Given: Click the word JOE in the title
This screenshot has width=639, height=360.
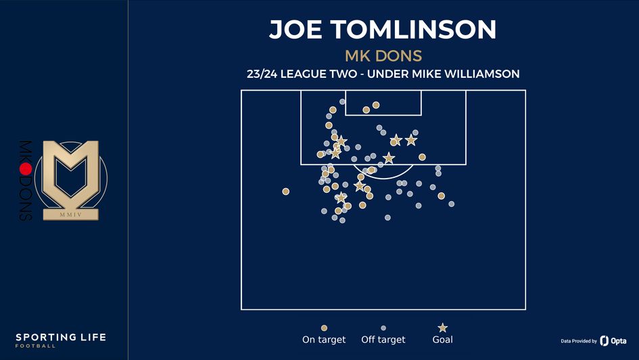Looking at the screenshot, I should (295, 30).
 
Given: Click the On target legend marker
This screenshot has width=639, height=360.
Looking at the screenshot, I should (324, 328).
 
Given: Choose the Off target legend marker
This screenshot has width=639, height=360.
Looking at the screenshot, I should (383, 328).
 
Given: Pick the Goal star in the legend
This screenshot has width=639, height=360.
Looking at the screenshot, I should (443, 328).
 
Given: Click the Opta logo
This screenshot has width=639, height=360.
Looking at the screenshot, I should (613, 341).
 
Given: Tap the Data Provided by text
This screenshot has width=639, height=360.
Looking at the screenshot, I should (579, 342).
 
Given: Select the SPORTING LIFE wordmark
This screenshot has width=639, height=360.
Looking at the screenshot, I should (61, 337).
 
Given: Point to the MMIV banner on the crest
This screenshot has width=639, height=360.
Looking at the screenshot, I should (71, 215).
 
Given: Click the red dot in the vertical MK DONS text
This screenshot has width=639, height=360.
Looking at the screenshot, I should (26, 168).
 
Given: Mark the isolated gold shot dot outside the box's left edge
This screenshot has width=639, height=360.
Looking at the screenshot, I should (286, 192).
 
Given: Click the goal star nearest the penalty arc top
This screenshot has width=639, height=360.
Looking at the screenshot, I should (388, 158).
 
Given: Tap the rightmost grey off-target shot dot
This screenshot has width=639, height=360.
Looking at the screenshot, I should (451, 204).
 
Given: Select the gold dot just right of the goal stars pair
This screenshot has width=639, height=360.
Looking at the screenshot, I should (422, 157).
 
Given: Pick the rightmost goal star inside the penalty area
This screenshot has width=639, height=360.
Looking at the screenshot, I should (411, 140).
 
